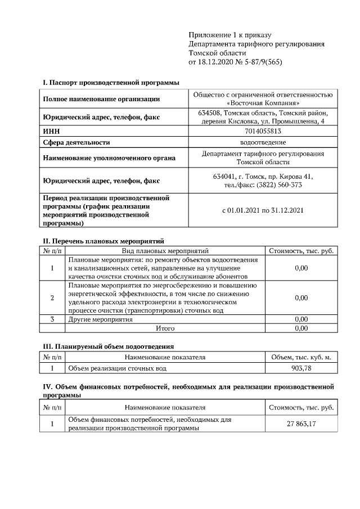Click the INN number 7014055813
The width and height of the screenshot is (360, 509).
tap(263, 131)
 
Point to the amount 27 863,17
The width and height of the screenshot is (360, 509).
tap(301, 423)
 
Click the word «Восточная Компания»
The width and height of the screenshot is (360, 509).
tap(263, 103)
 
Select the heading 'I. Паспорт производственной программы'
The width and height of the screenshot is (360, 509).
tap(111, 83)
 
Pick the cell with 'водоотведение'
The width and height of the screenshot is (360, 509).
tap(263, 143)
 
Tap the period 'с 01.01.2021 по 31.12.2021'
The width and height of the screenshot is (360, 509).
tap(263, 211)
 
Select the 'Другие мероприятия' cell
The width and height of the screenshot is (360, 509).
tap(100, 319)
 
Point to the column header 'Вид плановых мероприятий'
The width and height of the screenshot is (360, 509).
tap(165, 251)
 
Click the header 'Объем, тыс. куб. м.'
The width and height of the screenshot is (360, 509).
tap(301, 357)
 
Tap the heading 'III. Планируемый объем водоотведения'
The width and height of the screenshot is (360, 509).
tap(109, 346)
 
